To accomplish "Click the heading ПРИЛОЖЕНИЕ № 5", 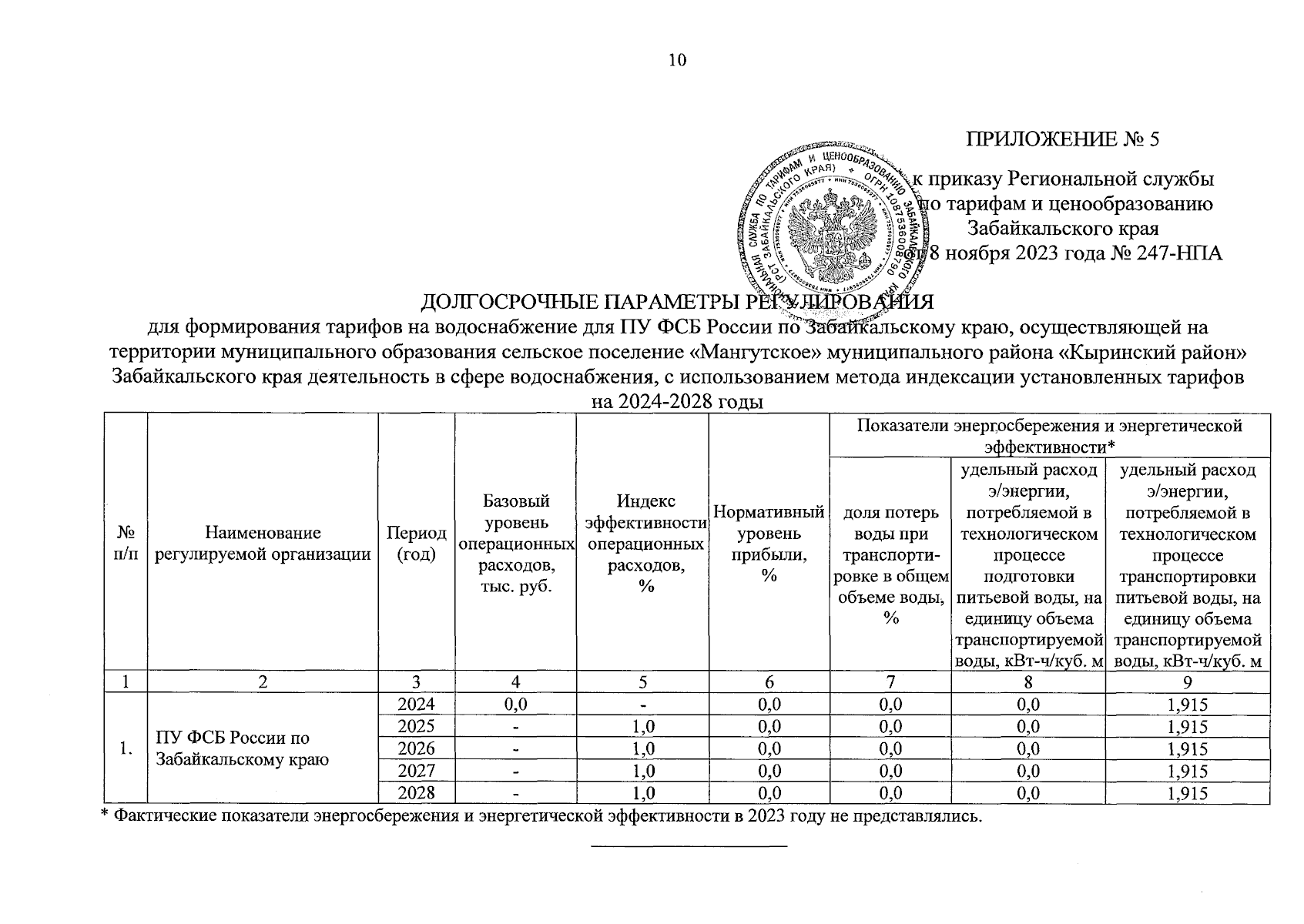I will point(1062,139).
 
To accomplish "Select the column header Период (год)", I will point(416,544).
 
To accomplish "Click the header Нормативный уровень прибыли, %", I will point(768,544).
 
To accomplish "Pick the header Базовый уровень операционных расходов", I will point(515,544).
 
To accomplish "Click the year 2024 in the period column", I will point(416,704).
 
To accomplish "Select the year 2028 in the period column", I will point(416,793).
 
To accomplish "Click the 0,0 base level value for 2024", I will point(515,704).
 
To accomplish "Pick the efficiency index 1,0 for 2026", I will point(642,748).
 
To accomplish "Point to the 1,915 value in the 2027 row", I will point(1187,771).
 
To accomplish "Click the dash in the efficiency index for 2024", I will point(642,704).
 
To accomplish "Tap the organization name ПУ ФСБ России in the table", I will point(232,738).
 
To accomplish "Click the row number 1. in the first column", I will point(126,748).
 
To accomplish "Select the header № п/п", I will point(126,544).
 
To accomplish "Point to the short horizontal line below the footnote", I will point(689,846).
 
